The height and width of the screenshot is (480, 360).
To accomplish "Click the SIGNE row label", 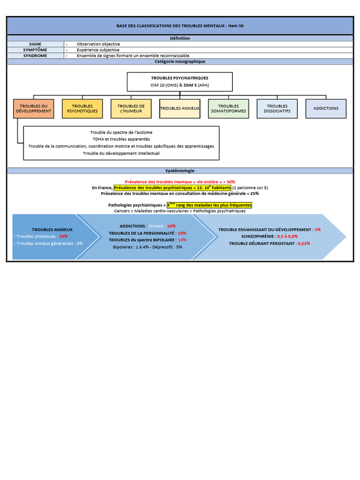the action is click(x=35, y=44).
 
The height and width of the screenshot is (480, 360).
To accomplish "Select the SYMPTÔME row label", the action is click(x=35, y=50).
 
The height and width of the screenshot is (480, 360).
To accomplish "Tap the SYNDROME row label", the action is click(x=35, y=56).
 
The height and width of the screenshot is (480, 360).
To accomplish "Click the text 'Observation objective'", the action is click(x=98, y=44).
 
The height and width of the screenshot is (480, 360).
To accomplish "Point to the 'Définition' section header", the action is click(x=180, y=38).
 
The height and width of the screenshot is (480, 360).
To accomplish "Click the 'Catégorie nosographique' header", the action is click(x=180, y=61).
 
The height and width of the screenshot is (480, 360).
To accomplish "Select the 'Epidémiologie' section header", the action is click(x=180, y=171).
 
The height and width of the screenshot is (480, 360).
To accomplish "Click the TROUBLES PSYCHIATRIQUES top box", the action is click(x=180, y=82).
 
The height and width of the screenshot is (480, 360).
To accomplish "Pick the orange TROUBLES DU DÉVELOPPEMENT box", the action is click(x=34, y=109).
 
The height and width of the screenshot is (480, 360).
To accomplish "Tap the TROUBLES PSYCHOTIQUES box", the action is click(x=82, y=109).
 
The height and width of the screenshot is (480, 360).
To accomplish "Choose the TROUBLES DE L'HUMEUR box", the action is click(x=131, y=109).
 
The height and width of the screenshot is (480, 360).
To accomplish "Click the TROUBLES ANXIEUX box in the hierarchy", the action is click(x=180, y=109).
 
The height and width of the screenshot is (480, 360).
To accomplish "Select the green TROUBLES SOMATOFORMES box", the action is click(x=228, y=109).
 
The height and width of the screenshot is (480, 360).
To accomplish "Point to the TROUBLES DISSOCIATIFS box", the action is click(x=277, y=109).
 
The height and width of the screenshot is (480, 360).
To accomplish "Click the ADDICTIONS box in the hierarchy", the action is click(x=326, y=109).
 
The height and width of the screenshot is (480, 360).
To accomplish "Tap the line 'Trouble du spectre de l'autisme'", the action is click(x=121, y=132).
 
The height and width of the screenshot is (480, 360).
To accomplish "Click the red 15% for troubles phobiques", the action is click(x=63, y=236).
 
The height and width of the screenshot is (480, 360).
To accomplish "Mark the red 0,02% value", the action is click(x=304, y=243).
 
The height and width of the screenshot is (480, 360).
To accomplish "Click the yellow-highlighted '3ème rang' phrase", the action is click(x=210, y=205).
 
